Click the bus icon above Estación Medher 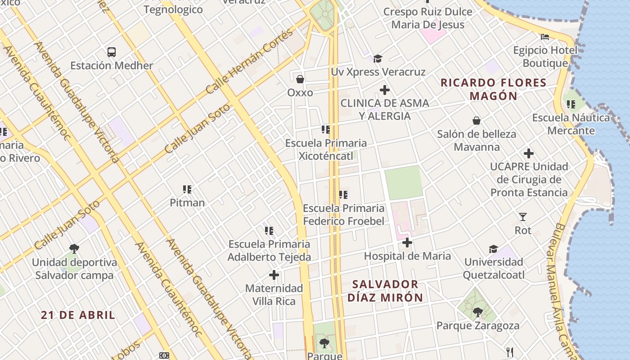(112, 52)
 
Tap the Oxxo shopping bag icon (300, 79)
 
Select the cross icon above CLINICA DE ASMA (384, 90)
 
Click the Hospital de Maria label (407, 256)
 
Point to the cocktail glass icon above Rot (522, 217)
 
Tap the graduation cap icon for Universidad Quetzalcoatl (493, 249)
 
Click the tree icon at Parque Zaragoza (477, 312)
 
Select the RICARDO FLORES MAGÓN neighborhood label (493, 89)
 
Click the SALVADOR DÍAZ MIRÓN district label (385, 291)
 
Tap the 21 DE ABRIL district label (78, 315)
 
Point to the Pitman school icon (187, 189)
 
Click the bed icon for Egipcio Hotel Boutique (545, 36)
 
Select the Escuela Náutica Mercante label (571, 124)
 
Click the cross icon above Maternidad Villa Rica (274, 275)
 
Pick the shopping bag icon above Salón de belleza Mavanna (477, 121)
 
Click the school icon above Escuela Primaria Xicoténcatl (326, 130)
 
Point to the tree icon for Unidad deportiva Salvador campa (74, 249)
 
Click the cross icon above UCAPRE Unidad (529, 153)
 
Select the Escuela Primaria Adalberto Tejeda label (269, 251)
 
